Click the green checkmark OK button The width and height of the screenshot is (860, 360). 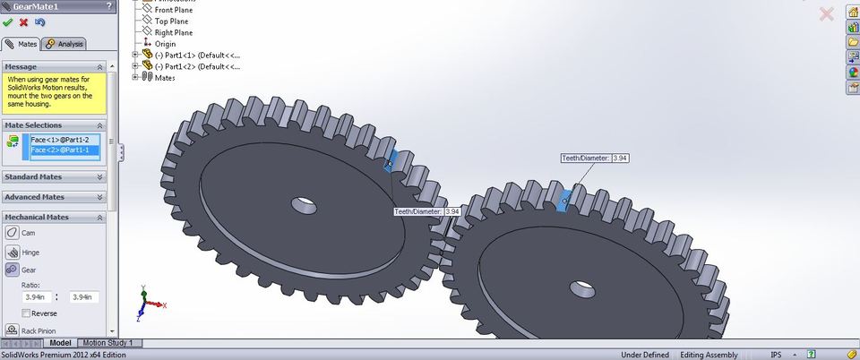(8, 22)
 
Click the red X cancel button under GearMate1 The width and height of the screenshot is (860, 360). (23, 22)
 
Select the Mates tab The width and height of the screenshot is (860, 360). (22, 43)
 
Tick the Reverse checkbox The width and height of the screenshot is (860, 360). (26, 313)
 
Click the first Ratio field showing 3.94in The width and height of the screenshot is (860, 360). (38, 297)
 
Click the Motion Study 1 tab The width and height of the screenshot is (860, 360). (108, 343)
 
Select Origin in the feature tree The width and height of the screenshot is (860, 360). (166, 44)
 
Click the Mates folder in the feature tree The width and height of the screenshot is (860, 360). (164, 77)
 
